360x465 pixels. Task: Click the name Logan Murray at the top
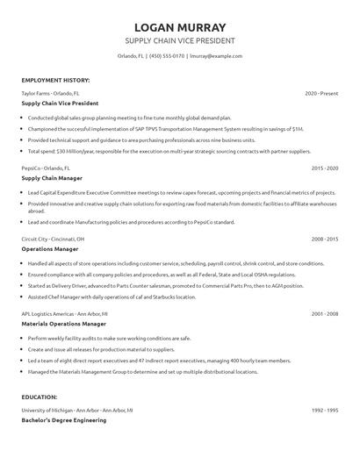tap(180, 27)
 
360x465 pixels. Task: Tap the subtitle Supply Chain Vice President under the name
tap(180, 41)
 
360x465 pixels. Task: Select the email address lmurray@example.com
tap(216, 56)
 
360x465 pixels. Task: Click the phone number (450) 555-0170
tap(167, 56)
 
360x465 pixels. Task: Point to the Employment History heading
tap(54, 81)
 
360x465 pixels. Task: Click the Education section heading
tap(40, 372)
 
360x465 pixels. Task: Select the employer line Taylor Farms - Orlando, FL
tap(49, 93)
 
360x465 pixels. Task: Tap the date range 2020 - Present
tap(322, 93)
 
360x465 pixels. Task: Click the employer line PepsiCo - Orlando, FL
tap(47, 167)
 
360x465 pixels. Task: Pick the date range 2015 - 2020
tap(325, 167)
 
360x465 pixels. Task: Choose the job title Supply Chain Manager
tap(53, 177)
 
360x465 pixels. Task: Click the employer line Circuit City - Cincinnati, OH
tap(54, 239)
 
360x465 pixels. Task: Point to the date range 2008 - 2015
tap(325, 239)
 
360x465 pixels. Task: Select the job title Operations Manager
tap(49, 249)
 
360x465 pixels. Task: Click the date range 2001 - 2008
tap(325, 313)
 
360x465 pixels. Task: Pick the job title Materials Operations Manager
tap(61, 324)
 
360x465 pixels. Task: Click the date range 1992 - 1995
tap(325, 385)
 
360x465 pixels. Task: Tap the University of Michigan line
tap(77, 385)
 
